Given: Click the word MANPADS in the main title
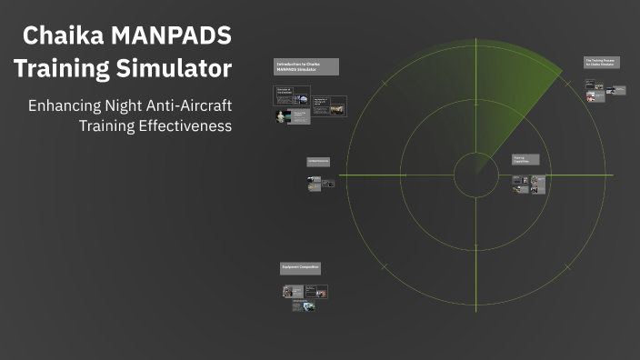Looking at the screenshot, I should [173, 36].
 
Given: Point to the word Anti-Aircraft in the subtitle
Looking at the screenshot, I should [189, 105].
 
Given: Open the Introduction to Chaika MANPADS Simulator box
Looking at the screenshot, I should [306, 66].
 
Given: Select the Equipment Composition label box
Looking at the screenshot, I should [300, 267].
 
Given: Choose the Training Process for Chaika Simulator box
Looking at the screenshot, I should [601, 63].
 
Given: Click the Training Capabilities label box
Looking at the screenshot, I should [525, 159].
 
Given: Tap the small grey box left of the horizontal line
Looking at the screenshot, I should [318, 162].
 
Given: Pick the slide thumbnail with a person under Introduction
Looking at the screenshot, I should [283, 116].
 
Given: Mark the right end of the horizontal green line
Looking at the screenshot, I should [612, 175].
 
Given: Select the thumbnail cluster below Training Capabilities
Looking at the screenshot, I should [528, 184].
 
